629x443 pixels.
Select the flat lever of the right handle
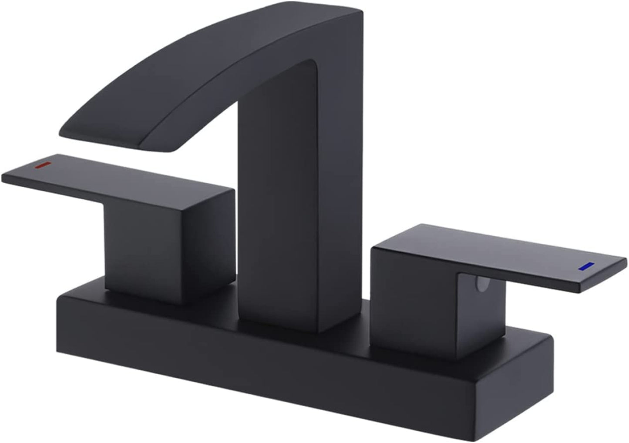[522, 257]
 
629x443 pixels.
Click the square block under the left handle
[144, 248]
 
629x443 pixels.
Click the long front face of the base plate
[261, 374]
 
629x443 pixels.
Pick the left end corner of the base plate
[59, 300]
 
